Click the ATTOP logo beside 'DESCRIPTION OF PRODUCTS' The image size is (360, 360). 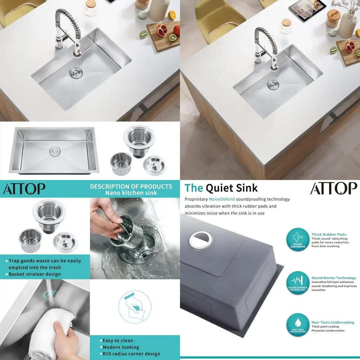[24, 188]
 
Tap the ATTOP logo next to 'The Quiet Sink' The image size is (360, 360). [333, 188]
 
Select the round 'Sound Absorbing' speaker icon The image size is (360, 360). [298, 239]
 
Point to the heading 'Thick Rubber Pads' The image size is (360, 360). [329, 234]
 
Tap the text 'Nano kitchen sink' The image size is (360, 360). [131, 193]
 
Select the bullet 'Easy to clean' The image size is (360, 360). [117, 341]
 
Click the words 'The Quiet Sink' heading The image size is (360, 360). [221, 188]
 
